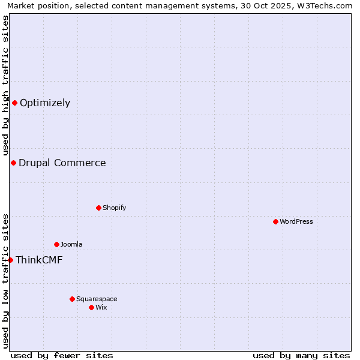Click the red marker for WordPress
pyautogui.click(x=275, y=221)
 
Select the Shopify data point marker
pyautogui.click(x=98, y=208)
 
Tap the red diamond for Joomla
pyautogui.click(x=56, y=244)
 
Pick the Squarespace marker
pyautogui.click(x=72, y=299)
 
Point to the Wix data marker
pyautogui.click(x=91, y=307)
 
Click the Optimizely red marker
pyautogui.click(x=14, y=103)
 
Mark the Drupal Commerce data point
pyautogui.click(x=13, y=163)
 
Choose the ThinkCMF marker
pyautogui.click(x=10, y=260)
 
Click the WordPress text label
pyautogui.click(x=296, y=221)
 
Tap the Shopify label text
pyautogui.click(x=114, y=208)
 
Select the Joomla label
pyautogui.click(x=71, y=244)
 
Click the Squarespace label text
pyautogui.click(x=97, y=299)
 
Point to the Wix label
pyautogui.click(x=101, y=307)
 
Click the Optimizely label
pyautogui.click(x=45, y=103)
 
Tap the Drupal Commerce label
pyautogui.click(x=62, y=163)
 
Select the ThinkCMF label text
pyautogui.click(x=39, y=260)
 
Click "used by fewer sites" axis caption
pyautogui.click(x=62, y=355)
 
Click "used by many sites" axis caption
pyautogui.click(x=301, y=355)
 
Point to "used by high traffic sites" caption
pyautogui.click(x=5, y=85)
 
